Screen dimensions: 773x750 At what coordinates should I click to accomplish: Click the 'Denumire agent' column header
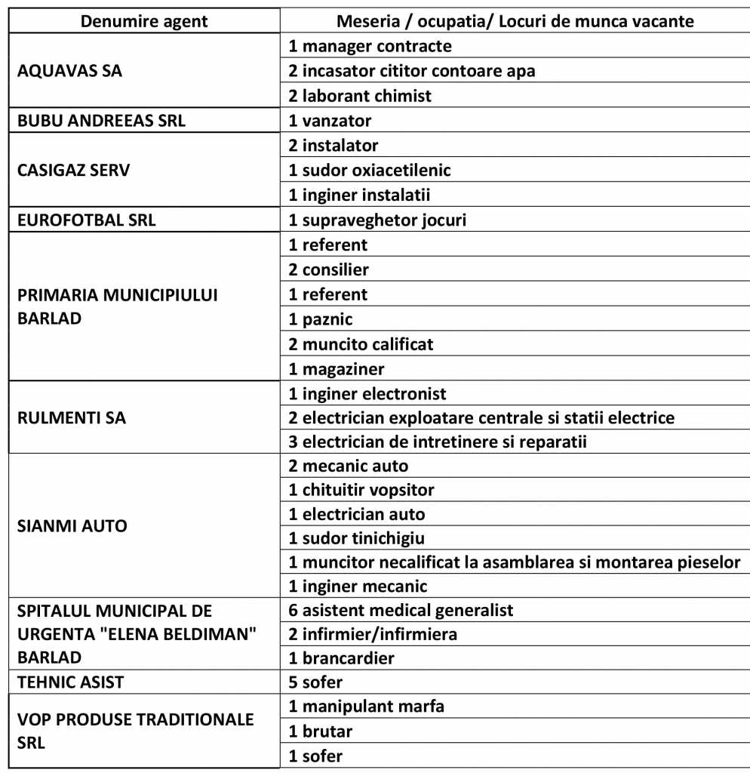tap(144, 21)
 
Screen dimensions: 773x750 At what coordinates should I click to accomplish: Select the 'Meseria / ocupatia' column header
tap(515, 21)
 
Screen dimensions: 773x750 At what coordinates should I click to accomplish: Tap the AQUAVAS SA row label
tap(69, 71)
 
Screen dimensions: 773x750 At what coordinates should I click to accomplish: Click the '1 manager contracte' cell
tap(370, 46)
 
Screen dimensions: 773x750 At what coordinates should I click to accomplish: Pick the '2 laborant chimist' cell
tap(360, 96)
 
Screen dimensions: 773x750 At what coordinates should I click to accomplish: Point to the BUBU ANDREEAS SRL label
tap(101, 121)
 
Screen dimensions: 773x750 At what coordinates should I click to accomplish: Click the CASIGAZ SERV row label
tap(73, 170)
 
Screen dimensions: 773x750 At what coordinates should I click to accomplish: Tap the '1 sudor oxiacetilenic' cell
tap(369, 170)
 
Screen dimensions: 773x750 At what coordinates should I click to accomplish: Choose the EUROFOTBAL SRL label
tap(87, 220)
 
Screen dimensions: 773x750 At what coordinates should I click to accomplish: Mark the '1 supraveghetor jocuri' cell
tap(377, 220)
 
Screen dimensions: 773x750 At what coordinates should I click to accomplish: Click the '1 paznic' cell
tap(321, 319)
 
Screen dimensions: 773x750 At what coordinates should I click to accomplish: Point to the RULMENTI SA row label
tap(71, 417)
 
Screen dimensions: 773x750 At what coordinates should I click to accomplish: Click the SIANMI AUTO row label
tap(72, 525)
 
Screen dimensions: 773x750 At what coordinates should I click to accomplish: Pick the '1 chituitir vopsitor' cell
tap(361, 490)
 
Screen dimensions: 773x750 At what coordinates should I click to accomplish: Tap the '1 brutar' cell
tap(321, 731)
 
